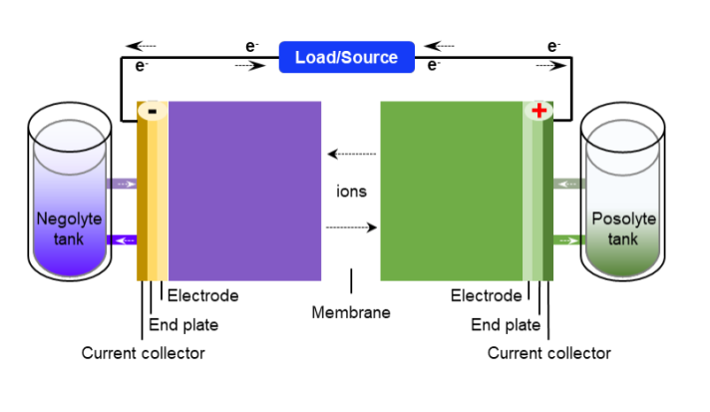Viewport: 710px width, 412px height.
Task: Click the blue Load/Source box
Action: coord(346,57)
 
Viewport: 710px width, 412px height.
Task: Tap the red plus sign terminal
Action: coord(539,110)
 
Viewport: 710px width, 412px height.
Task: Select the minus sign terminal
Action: coord(152,111)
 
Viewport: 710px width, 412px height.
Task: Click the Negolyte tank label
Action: coord(69,227)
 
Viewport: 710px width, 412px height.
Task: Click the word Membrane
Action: coord(351,312)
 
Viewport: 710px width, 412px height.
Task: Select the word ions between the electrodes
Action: coord(351,192)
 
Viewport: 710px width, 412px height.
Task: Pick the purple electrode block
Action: coord(244,190)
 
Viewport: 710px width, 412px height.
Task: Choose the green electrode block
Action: coord(452,190)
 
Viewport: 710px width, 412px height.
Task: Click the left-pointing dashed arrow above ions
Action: coord(352,154)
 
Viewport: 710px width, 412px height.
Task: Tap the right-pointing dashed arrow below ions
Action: coord(351,227)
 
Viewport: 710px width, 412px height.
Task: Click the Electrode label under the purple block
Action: coord(203,295)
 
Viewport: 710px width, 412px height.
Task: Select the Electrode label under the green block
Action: coord(486,295)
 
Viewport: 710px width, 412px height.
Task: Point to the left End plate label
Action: coord(183,324)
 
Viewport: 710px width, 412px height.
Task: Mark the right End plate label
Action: coord(506,324)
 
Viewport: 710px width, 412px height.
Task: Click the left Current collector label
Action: coord(143,353)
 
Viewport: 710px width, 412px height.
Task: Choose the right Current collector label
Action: coord(548,353)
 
